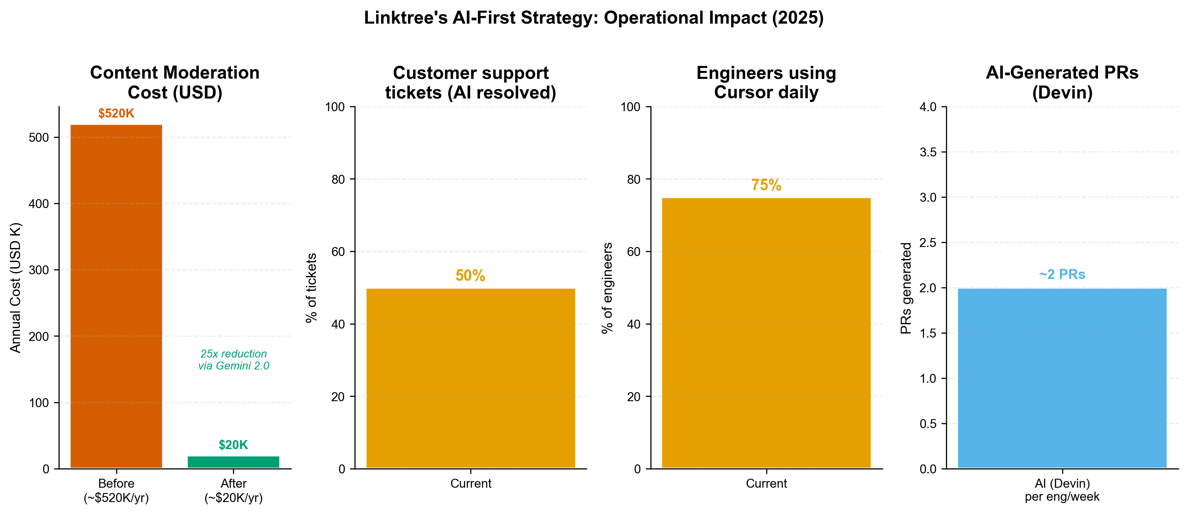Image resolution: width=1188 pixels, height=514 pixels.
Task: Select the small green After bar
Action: point(233,462)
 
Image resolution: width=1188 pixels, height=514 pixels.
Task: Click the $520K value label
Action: point(116,114)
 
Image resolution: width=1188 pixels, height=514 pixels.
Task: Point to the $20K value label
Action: point(233,445)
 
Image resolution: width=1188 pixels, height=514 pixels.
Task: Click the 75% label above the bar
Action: point(766,185)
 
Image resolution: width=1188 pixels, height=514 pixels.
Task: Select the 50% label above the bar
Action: point(470,275)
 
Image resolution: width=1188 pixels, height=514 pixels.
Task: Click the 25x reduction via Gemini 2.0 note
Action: point(233,360)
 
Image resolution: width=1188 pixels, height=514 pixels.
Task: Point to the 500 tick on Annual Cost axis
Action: point(39,137)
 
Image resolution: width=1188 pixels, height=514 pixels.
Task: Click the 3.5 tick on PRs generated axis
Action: point(928,152)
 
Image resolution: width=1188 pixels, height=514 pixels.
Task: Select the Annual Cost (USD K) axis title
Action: point(16,288)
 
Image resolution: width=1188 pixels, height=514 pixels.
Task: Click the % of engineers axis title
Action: point(607,288)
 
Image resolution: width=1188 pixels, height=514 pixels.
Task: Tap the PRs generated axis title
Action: point(906,288)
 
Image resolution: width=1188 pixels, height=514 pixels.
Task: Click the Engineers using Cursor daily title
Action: point(766,83)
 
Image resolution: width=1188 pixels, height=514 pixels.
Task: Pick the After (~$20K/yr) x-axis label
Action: point(233,490)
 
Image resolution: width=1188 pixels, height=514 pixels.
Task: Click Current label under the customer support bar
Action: point(470,484)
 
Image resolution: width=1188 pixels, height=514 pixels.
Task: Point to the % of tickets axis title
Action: point(312,288)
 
